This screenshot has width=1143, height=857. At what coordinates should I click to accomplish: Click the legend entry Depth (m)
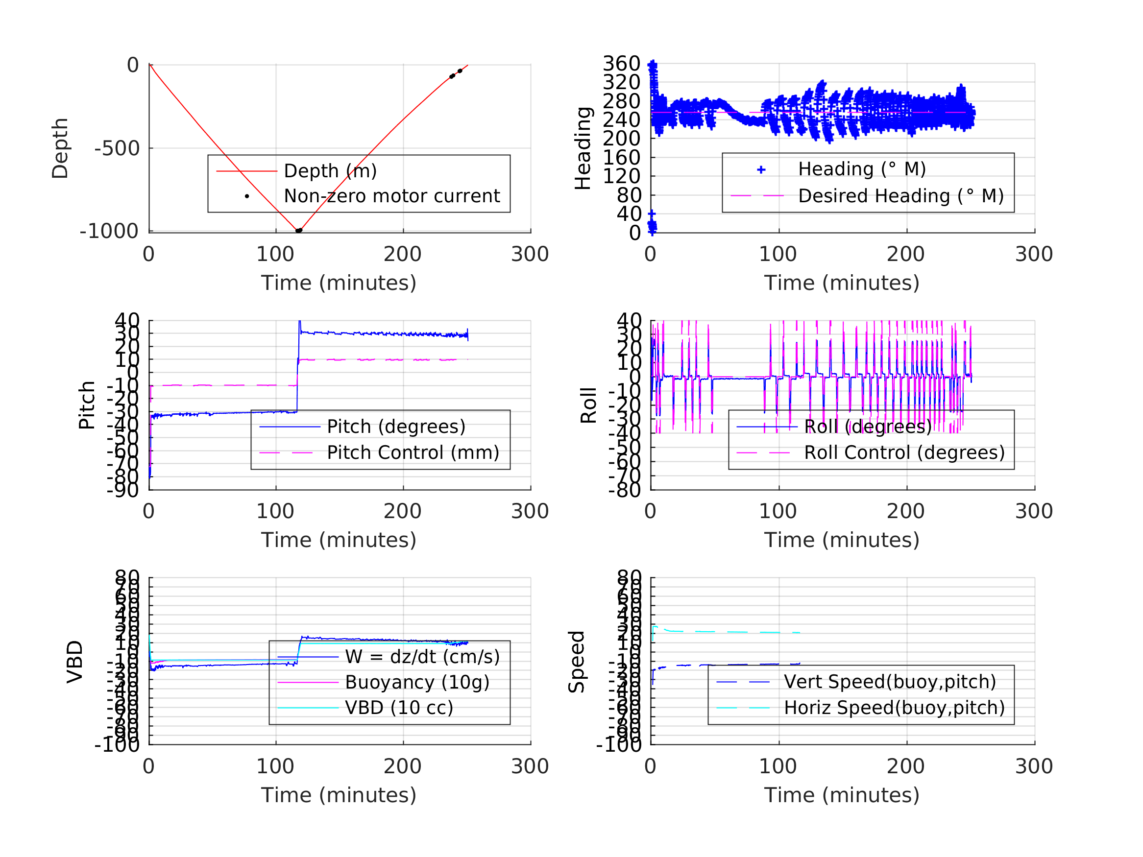pyautogui.click(x=330, y=171)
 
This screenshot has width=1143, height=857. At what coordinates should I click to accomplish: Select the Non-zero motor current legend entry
pyautogui.click(x=391, y=196)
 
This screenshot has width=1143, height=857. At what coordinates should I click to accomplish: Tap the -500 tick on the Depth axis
pyautogui.click(x=117, y=149)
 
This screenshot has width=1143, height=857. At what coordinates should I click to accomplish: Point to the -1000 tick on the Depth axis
pyautogui.click(x=109, y=232)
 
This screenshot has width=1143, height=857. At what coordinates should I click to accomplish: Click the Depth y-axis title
pyautogui.click(x=60, y=148)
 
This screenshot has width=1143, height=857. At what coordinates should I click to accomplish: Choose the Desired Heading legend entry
pyautogui.click(x=900, y=196)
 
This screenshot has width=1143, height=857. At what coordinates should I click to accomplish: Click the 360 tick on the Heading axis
pyautogui.click(x=622, y=64)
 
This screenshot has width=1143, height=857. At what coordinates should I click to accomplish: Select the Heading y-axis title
pyautogui.click(x=583, y=148)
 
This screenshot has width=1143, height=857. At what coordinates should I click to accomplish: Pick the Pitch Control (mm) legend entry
pyautogui.click(x=413, y=453)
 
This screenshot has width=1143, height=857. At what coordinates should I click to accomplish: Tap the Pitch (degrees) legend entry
pyautogui.click(x=396, y=427)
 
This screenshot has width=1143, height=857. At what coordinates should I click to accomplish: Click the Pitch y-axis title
pyautogui.click(x=87, y=405)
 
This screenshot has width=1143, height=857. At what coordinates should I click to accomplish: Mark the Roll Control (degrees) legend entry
pyautogui.click(x=904, y=453)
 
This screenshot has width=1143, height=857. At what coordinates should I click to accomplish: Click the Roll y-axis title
pyautogui.click(x=588, y=405)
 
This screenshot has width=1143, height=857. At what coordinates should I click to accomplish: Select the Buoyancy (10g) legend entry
pyautogui.click(x=417, y=682)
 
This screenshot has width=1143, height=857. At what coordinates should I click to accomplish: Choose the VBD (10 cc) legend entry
pyautogui.click(x=399, y=708)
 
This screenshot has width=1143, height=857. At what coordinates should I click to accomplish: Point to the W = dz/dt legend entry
pyautogui.click(x=422, y=657)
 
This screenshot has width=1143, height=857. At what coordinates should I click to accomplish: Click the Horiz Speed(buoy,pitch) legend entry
pyautogui.click(x=894, y=708)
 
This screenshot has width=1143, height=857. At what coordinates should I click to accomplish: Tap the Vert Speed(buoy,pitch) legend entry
pyautogui.click(x=889, y=682)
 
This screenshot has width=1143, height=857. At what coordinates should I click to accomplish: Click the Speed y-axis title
pyautogui.click(x=577, y=662)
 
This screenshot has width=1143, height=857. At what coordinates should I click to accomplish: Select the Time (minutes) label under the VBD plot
pyautogui.click(x=339, y=795)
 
